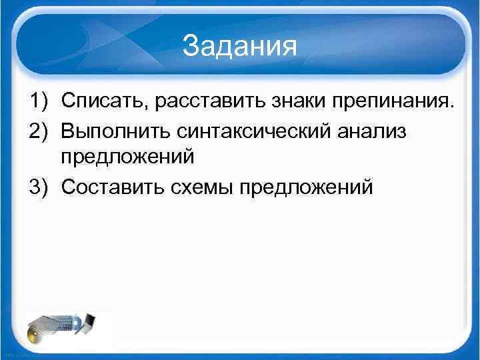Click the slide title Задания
pyautogui.click(x=239, y=46)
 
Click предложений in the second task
pyautogui.click(x=127, y=159)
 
